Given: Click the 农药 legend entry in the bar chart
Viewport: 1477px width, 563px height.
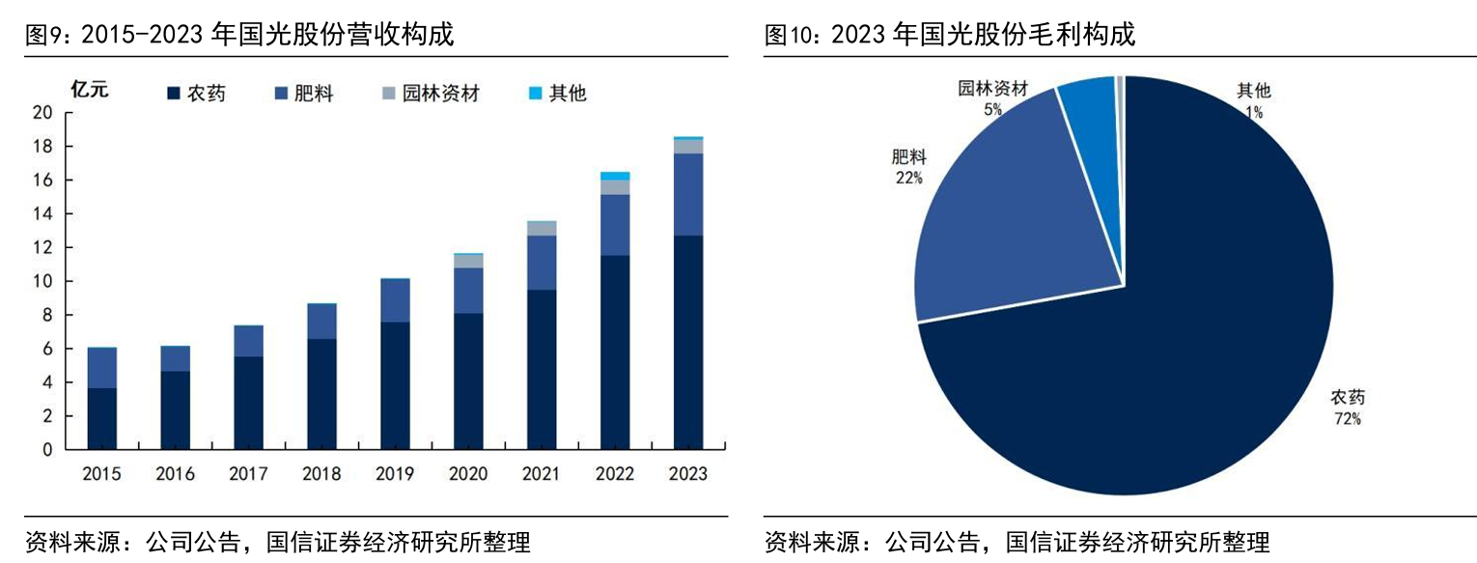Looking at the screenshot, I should (x=197, y=94).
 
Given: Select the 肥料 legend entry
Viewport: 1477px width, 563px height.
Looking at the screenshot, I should (x=304, y=94).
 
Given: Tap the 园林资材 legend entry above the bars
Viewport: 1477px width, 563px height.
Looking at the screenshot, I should (x=430, y=94).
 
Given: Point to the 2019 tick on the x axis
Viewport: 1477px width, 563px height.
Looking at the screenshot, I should (x=395, y=474).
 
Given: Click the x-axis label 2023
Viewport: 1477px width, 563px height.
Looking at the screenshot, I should (x=687, y=474).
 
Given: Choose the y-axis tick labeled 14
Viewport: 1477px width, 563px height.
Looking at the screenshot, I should (x=44, y=214).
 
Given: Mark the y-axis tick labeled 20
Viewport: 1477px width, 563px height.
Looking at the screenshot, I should (x=44, y=113).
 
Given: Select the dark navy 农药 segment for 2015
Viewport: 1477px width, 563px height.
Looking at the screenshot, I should (x=101, y=419).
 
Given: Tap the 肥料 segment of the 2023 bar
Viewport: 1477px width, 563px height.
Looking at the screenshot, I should (x=687, y=194).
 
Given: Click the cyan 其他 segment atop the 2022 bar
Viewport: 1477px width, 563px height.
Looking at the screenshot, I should (x=615, y=176).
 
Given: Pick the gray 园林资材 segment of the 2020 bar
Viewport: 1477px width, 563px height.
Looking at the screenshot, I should (x=468, y=261).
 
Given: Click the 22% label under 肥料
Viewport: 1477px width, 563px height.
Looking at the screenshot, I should (x=907, y=178).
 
